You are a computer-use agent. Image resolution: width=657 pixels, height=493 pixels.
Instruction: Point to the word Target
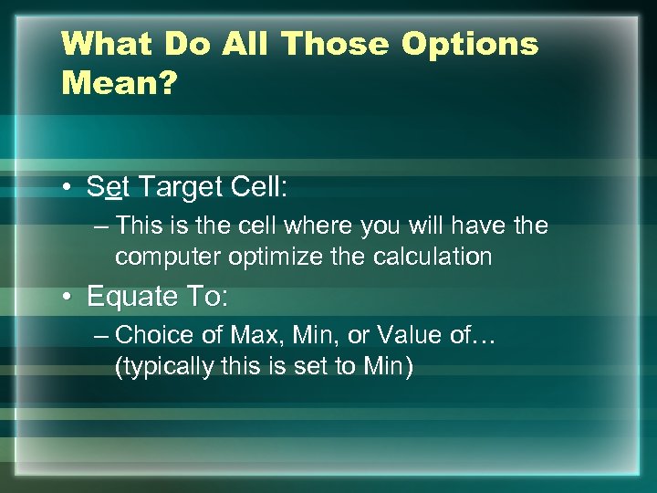(176, 188)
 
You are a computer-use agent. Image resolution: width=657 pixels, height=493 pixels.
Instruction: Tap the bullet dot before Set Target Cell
(69, 188)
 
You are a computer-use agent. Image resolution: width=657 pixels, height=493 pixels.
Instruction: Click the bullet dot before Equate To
(69, 297)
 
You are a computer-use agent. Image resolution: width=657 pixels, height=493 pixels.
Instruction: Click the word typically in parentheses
(157, 368)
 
